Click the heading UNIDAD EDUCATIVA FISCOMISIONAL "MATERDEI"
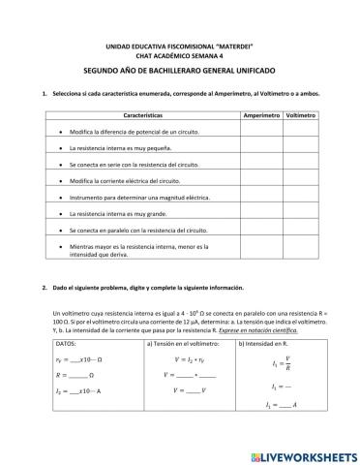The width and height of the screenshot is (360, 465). click(x=181, y=46)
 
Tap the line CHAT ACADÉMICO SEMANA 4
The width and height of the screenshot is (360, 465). click(x=181, y=56)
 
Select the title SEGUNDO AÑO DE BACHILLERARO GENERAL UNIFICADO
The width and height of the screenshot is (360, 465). click(x=181, y=72)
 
